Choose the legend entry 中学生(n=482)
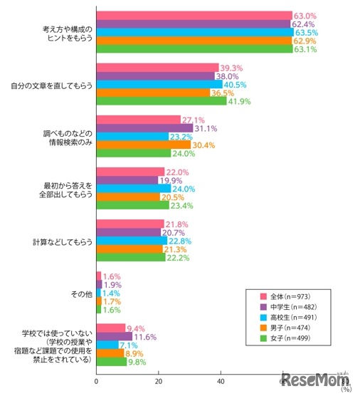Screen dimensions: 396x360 [x=288, y=307]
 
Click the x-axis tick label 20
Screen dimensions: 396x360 [x=159, y=382]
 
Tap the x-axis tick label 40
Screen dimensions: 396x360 [x=221, y=382]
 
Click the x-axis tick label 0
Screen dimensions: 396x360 [x=97, y=382]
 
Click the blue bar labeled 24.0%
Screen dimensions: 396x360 [x=134, y=188]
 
